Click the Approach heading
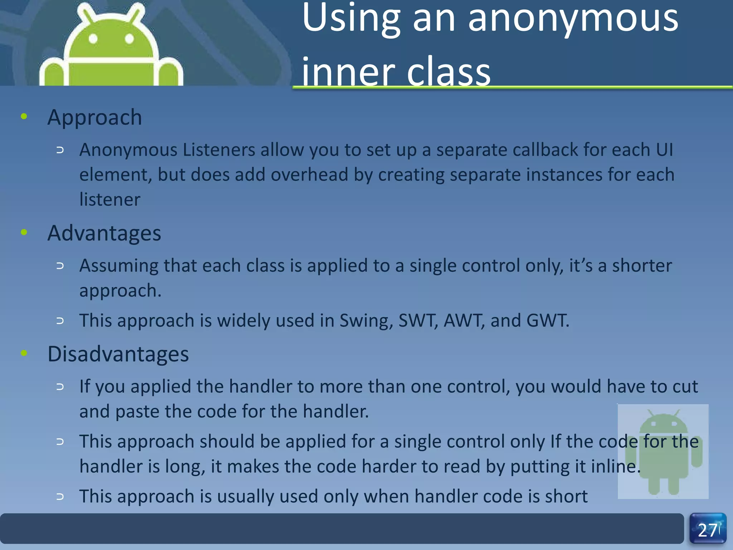coord(94,117)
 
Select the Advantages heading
coord(104,233)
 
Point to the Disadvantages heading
coord(118,354)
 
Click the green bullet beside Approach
coord(24,116)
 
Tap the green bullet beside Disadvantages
coord(24,353)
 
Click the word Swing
coord(366,320)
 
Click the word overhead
coord(309,175)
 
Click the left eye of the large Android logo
coord(93,38)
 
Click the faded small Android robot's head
coord(663,423)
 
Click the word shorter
coord(642,266)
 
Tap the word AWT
coord(463,320)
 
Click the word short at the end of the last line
coord(566,496)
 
